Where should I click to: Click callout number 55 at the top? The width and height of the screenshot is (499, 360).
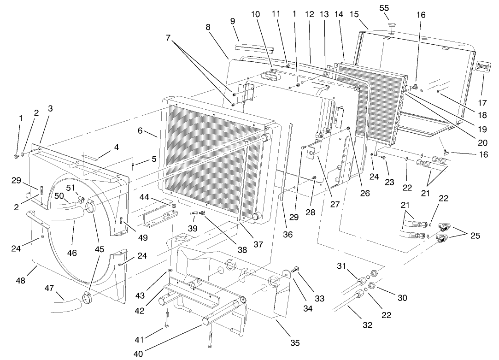click(384, 8)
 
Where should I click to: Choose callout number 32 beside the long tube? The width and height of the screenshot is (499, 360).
click(367, 325)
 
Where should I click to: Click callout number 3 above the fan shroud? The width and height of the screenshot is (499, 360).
click(50, 108)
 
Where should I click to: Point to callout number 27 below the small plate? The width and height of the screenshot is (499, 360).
click(335, 203)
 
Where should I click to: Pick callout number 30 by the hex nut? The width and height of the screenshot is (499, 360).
click(402, 298)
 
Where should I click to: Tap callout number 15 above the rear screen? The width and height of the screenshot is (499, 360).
click(354, 15)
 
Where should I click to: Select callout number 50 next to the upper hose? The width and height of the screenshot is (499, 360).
click(59, 196)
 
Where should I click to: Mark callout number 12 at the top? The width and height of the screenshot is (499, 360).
click(309, 14)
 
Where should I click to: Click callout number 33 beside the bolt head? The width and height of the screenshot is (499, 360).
click(319, 299)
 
